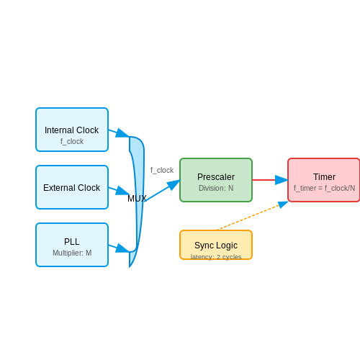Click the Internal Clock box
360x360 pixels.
[x=72, y=130]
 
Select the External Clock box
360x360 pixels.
[x=72, y=187]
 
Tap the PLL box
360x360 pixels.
[x=72, y=245]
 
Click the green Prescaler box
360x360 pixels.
[x=216, y=180]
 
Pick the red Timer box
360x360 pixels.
[x=324, y=180]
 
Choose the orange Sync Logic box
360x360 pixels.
[x=216, y=245]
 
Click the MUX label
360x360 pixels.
[x=137, y=199]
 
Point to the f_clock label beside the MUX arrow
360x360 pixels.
[x=162, y=170]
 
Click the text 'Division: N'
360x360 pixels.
[x=216, y=188]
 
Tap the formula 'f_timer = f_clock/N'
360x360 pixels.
[x=324, y=188]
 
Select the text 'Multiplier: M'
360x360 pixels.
[x=72, y=253]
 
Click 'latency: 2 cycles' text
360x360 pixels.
[x=216, y=257]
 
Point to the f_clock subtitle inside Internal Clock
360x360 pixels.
[x=72, y=141]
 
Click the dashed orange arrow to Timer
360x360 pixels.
[x=253, y=215]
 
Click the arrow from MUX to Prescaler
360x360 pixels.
[x=163, y=190]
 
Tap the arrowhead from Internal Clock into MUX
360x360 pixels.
[x=122, y=133]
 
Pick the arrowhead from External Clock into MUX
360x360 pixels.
[x=122, y=191]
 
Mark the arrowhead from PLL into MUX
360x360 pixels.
[x=122, y=248]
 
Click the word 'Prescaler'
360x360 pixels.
[x=216, y=177]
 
